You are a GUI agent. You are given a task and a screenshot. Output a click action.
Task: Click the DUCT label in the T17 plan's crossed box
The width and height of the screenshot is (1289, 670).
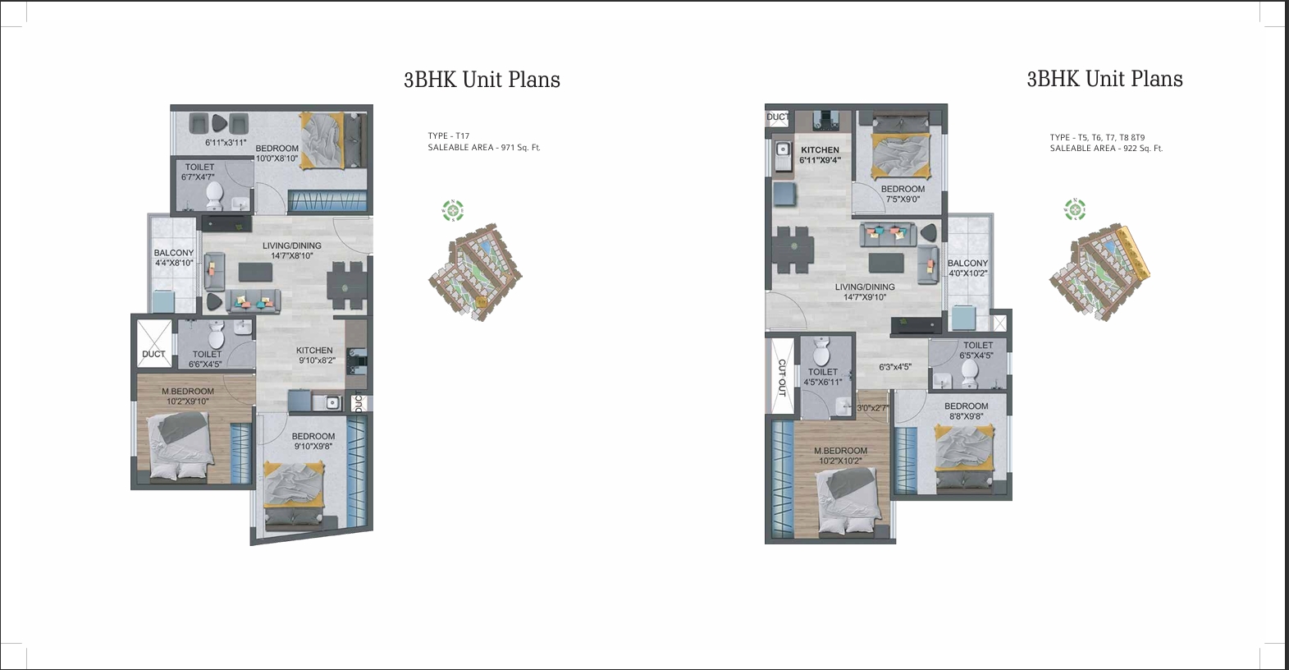click(153, 354)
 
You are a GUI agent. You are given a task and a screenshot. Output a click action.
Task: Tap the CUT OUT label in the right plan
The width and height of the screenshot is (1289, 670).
click(781, 378)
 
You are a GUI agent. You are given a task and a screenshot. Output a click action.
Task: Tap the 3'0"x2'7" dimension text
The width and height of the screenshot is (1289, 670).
click(872, 408)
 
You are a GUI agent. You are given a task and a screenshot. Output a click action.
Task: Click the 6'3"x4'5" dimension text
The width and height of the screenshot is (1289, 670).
click(894, 367)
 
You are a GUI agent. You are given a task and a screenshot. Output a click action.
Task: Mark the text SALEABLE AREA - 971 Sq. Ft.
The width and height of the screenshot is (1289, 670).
click(484, 148)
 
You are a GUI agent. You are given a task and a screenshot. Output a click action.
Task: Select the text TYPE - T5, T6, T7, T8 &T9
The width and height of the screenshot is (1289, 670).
click(1097, 138)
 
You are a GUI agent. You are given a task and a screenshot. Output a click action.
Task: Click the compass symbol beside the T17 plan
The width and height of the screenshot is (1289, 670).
click(453, 210)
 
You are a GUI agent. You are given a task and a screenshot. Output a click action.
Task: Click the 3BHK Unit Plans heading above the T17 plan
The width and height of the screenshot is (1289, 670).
click(482, 80)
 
